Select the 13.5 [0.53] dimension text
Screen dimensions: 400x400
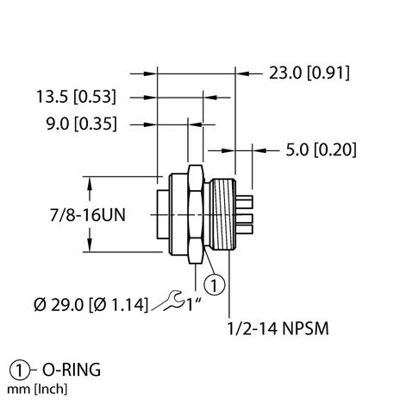pos(74,96)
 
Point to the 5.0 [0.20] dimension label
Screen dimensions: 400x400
pos(320,149)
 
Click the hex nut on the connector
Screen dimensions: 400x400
pos(196,215)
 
